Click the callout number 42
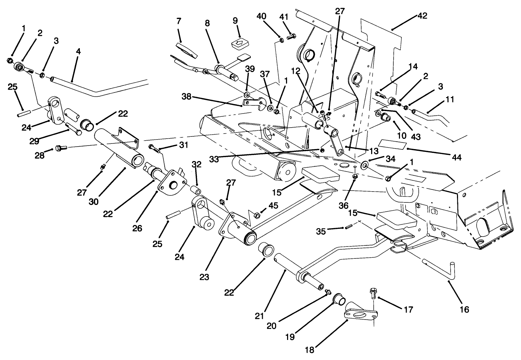click(422, 16)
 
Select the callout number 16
click(464, 309)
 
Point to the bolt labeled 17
click(374, 292)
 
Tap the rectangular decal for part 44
click(392, 145)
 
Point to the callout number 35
click(320, 231)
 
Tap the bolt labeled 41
click(292, 36)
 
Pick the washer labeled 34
click(365, 163)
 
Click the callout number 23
click(204, 277)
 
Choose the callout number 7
click(179, 21)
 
